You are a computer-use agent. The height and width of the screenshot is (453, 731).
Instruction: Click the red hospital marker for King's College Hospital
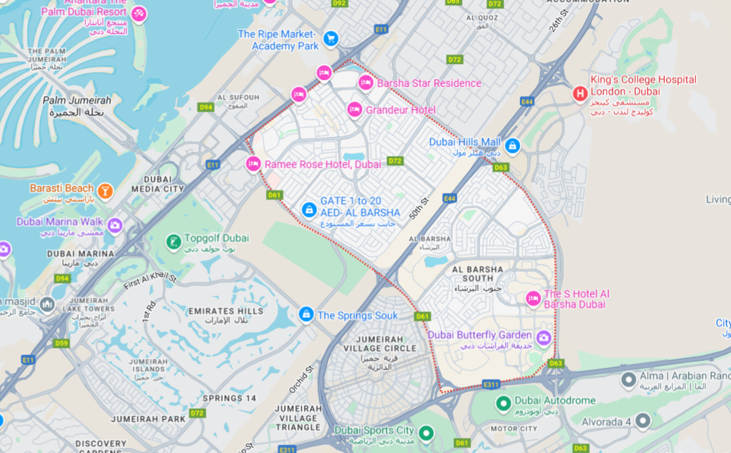coord(580,94)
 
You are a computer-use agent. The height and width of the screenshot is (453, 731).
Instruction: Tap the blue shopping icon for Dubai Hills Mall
coord(512,145)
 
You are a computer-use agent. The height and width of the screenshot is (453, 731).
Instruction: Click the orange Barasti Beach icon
coord(105,192)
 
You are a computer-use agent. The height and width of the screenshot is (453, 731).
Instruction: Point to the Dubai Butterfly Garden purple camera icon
coord(544,339)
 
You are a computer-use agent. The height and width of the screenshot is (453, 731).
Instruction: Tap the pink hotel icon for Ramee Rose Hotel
coord(253,164)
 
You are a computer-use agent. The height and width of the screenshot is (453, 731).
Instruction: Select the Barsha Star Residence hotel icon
coord(365,83)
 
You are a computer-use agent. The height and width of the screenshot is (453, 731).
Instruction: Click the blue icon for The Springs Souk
coord(306,314)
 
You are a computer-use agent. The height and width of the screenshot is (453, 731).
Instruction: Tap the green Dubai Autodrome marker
coord(503,402)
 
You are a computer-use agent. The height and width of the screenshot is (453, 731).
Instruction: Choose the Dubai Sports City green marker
coord(426,434)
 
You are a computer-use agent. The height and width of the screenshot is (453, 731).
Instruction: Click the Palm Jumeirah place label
coord(77,106)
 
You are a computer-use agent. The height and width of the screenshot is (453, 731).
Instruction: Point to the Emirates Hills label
coord(225,315)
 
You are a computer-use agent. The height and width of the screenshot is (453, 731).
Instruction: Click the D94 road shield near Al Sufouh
coord(206,107)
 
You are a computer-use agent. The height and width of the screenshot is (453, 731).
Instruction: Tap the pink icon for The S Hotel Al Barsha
coord(533,299)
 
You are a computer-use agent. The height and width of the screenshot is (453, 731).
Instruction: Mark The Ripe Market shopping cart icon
coord(331,38)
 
